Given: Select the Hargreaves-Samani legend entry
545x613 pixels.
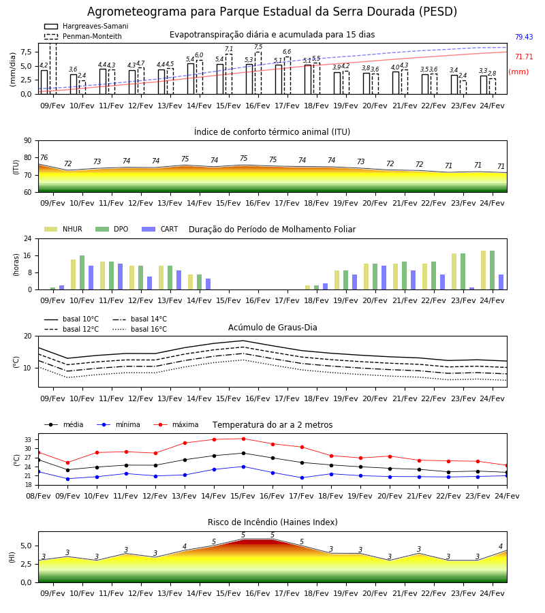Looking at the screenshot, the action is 87,26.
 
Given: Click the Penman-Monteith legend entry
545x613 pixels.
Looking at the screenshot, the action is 83,36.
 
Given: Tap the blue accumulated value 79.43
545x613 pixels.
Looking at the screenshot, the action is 524,37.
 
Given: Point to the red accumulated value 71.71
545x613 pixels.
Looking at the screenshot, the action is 524,57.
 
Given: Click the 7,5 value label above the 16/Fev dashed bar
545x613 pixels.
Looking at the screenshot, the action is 258,47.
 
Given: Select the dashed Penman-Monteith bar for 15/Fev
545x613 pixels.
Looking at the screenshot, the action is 229,74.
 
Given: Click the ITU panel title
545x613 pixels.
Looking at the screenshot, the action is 272,131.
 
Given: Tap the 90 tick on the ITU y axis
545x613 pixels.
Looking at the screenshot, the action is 28,141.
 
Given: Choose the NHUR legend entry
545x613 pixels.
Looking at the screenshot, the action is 63,229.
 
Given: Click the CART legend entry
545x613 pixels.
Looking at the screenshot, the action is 160,229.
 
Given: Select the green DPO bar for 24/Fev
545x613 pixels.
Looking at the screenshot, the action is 493,270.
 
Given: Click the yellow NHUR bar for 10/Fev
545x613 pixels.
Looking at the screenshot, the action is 73,275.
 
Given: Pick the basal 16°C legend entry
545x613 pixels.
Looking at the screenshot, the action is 140,329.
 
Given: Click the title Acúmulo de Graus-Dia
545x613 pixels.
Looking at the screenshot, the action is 272,328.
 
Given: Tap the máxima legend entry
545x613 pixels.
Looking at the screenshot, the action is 176,424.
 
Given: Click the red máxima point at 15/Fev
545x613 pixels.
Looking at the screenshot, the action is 244,439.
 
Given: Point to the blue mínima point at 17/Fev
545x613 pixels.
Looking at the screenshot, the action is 302,477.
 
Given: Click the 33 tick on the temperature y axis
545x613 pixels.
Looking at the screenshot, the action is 28,440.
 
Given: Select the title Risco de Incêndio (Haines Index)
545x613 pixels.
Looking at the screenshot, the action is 272,522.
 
